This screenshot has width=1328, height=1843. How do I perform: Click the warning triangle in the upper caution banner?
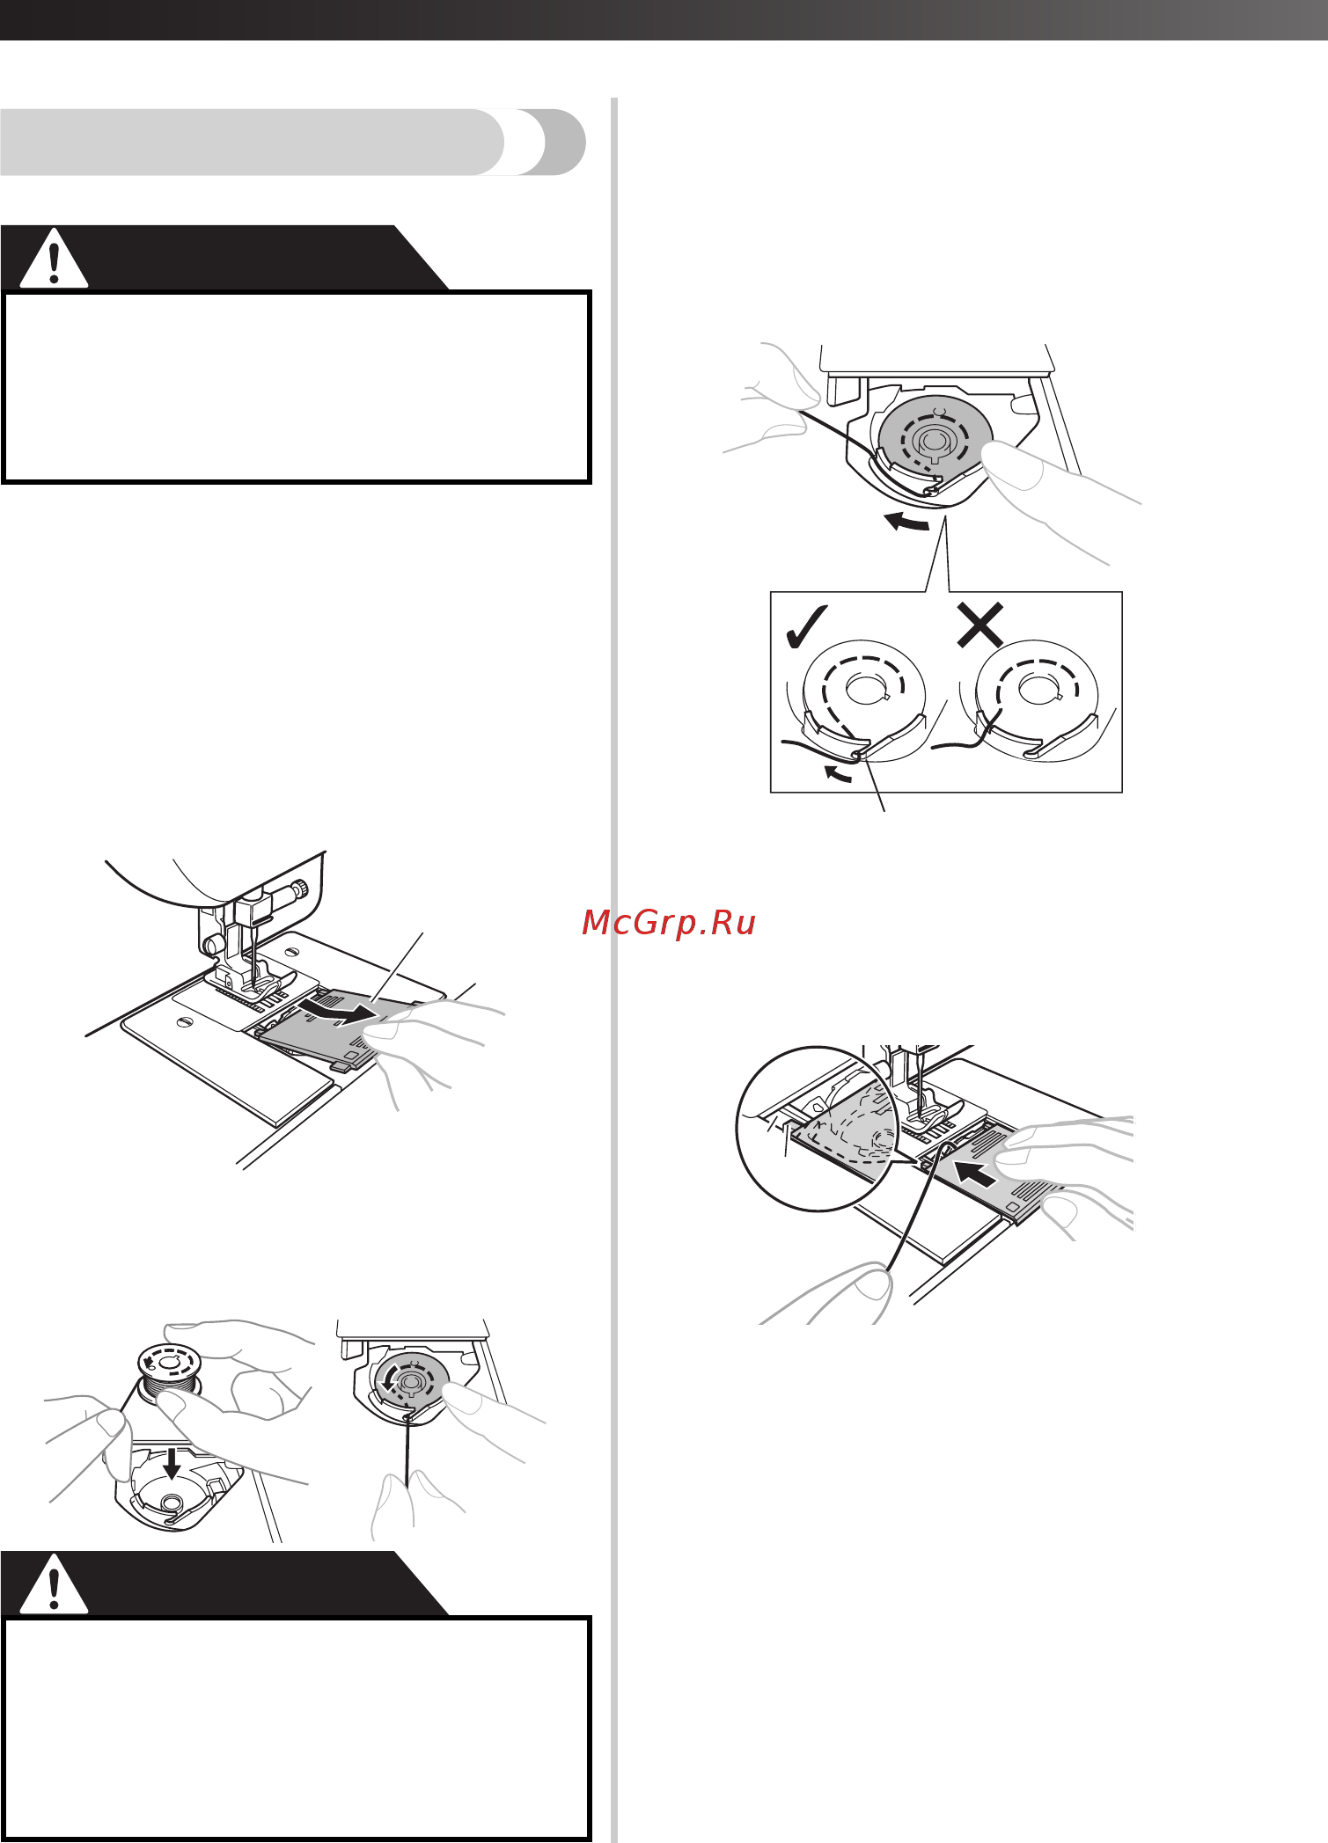(54, 258)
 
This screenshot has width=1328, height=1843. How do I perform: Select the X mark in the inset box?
(980, 625)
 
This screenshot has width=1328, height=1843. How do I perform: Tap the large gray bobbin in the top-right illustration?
(935, 437)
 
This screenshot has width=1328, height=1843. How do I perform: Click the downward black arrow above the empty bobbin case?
(172, 1462)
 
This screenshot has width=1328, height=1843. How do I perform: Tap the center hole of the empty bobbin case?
(172, 1500)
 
